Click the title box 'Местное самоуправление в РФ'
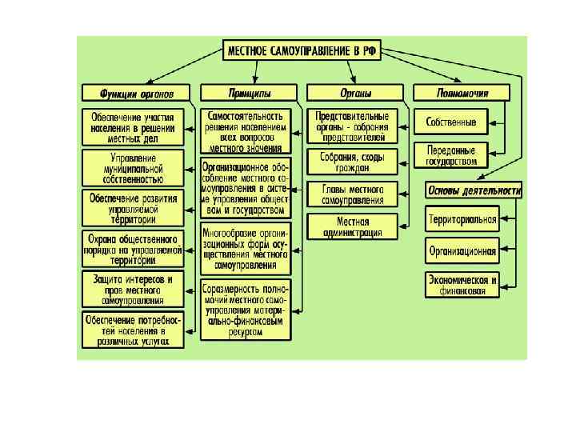pyautogui.click(x=302, y=51)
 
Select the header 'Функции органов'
pyautogui.click(x=136, y=93)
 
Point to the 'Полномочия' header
pyautogui.click(x=462, y=93)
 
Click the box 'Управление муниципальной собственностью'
pyautogui.click(x=134, y=169)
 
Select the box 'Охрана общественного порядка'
pyautogui.click(x=134, y=249)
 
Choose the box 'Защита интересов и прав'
pyautogui.click(x=134, y=289)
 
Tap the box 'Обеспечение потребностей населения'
pyautogui.click(x=134, y=330)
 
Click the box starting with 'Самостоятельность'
pyautogui.click(x=245, y=131)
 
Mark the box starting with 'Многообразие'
pyautogui.click(x=245, y=247)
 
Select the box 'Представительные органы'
pyautogui.click(x=352, y=126)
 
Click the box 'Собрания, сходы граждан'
pyautogui.click(x=352, y=162)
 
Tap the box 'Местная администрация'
pyautogui.click(x=352, y=226)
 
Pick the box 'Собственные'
pyautogui.click(x=451, y=122)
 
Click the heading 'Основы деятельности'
pyautogui.click(x=474, y=190)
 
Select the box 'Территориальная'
pyautogui.click(x=462, y=219)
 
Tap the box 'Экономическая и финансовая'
pyautogui.click(x=462, y=286)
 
